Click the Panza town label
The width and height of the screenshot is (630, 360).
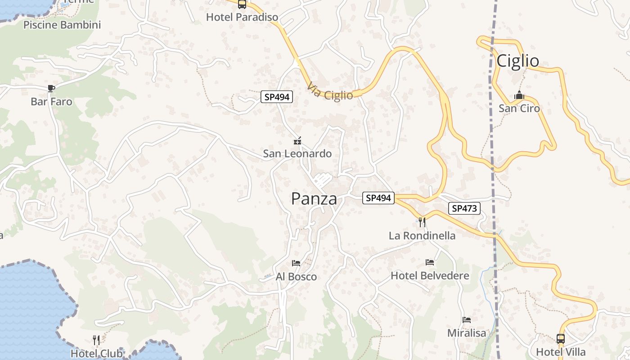pos(314,198)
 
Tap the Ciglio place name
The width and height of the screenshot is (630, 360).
pos(517,61)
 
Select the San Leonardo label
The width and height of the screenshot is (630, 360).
pos(297,154)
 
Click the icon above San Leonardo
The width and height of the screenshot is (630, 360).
pos(297,141)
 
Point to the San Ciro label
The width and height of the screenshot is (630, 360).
pos(519,108)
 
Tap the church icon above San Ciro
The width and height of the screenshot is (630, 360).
pos(519,96)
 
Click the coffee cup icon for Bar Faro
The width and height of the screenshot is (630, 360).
pos(51,88)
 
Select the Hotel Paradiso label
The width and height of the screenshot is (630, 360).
pos(242,17)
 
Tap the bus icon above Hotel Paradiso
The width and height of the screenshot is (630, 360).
pos(242,4)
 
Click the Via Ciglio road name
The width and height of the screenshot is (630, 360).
pos(330,91)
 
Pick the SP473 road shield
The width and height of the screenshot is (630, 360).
pos(464,208)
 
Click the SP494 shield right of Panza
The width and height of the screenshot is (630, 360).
pos(378,198)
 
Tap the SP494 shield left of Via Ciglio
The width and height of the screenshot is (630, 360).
pos(277,97)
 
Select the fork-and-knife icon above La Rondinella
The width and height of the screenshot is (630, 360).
pos(422,222)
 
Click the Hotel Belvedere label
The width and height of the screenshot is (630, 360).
pos(430,276)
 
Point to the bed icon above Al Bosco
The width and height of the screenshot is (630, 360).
pos(296,263)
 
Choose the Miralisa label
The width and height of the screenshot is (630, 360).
pos(467,333)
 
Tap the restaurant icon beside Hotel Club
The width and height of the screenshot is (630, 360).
pos(96,340)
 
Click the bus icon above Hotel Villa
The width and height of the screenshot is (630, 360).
pos(561,338)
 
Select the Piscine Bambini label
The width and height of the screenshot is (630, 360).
pos(62,25)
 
